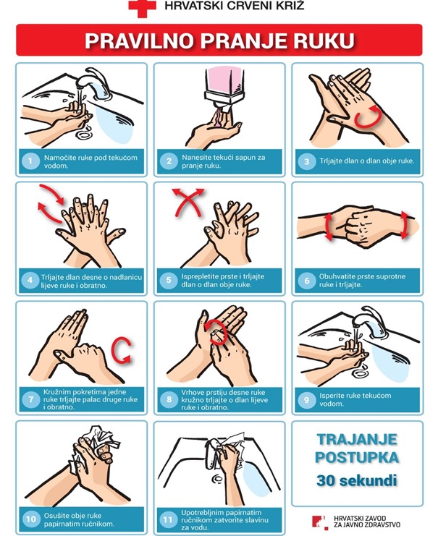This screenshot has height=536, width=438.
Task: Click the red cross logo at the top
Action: [142, 7]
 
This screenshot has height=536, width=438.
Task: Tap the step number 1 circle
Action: [30, 161]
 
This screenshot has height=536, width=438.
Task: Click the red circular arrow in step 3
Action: [368, 118]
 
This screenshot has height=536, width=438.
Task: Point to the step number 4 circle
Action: [30, 281]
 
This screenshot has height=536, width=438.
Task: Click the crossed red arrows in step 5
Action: [188, 202]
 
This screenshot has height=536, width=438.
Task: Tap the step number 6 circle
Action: [307, 281]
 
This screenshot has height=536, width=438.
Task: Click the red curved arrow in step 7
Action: [122, 349]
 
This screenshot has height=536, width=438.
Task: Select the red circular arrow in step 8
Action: [216, 331]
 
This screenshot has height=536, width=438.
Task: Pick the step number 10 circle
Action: [31, 519]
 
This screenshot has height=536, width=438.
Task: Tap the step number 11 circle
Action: [168, 519]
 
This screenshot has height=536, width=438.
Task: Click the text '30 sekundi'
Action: [357, 480]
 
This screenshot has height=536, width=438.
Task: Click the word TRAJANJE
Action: [357, 439]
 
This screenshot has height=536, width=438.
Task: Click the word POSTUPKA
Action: [357, 457]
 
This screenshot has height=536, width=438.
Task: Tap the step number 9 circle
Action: [307, 399]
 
